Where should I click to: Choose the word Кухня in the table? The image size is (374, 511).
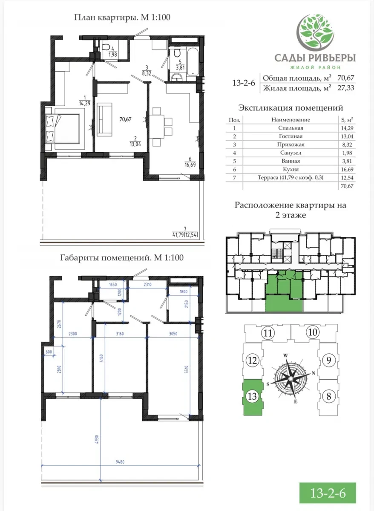pos(291,169)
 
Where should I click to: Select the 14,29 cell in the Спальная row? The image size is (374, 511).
pos(347,128)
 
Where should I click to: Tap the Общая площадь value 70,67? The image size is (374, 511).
pos(345,78)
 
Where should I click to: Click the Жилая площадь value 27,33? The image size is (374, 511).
pos(345,88)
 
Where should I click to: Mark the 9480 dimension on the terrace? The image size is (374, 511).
pos(120,462)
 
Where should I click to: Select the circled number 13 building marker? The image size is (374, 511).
pos(252,396)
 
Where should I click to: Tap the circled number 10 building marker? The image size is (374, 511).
pos(312,332)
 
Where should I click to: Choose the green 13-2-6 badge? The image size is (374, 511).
pos(328,493)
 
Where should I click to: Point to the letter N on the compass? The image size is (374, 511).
pos(314,373)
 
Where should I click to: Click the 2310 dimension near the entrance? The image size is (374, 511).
pos(147,285)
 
